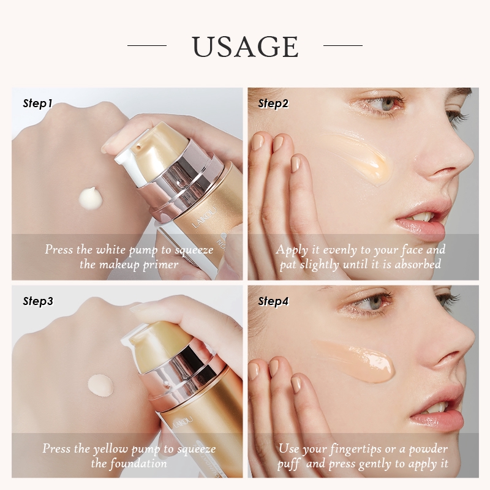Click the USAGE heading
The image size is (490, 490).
tap(246, 47)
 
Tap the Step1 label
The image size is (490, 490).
tap(37, 104)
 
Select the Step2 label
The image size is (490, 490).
tap(273, 104)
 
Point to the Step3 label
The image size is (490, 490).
tap(38, 301)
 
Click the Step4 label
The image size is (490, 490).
tap(273, 301)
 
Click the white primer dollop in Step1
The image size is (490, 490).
tap(91, 197)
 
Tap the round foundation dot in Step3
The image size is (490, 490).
tap(100, 386)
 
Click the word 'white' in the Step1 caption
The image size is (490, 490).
tap(111, 249)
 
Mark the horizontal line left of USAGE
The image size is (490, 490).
tap(147, 45)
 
